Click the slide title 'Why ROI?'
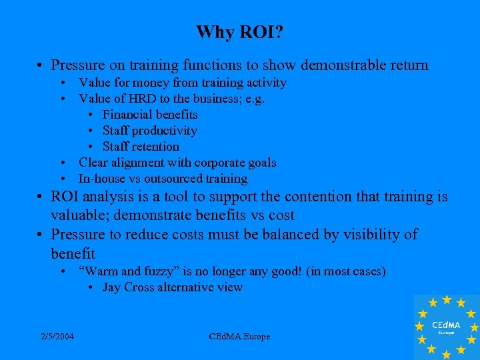(240, 32)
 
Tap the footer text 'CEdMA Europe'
(239, 337)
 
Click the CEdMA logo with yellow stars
(445, 327)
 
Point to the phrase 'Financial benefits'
(150, 115)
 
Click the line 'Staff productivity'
(150, 131)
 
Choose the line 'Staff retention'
(141, 147)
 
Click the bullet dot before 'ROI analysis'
(41, 197)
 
